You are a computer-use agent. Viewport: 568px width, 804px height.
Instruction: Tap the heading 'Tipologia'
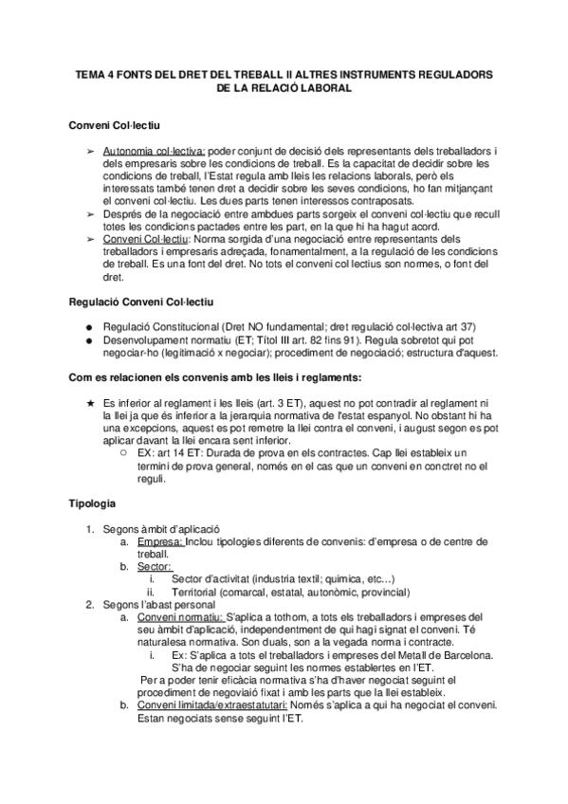coord(94,499)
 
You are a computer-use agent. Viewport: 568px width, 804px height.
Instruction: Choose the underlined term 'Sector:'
coord(154,566)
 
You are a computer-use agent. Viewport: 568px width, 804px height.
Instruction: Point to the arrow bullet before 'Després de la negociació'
coord(89,216)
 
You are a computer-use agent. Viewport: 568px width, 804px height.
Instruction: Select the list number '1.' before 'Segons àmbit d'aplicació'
coord(90,528)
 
